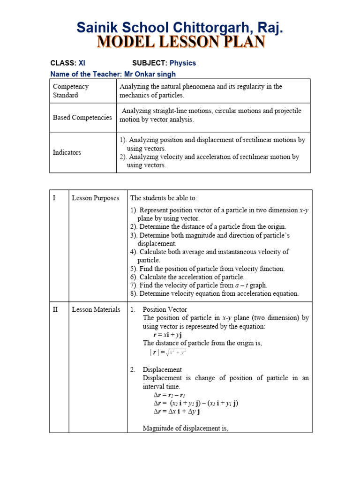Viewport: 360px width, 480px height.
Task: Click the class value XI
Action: point(82,63)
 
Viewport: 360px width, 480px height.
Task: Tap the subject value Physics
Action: point(182,63)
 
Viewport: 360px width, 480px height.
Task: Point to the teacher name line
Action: point(113,74)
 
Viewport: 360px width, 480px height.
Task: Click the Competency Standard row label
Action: point(71,90)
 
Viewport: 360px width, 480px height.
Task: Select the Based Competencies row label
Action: point(82,117)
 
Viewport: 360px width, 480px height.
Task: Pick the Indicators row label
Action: point(67,152)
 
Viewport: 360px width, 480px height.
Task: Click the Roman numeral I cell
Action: point(54,198)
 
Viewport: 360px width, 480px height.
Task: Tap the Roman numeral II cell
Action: point(55,309)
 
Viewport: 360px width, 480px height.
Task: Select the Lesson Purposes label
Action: point(96,198)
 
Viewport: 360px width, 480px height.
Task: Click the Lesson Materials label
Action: point(96,309)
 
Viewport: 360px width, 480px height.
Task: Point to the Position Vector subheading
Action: point(165,309)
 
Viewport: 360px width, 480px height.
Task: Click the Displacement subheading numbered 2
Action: point(162,369)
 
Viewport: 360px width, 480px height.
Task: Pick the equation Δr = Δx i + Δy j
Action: point(177,412)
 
